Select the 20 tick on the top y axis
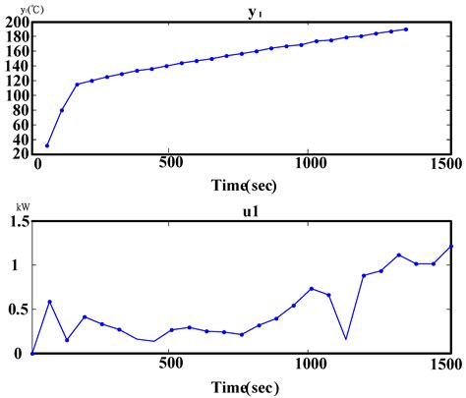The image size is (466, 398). pos(20,153)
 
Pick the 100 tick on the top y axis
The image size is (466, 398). pos(17,95)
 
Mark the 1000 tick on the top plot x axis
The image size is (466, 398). pos(310,163)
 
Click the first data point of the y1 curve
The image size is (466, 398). pos(46,145)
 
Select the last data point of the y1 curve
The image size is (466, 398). pos(407,29)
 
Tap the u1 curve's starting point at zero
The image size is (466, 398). pos(32,353)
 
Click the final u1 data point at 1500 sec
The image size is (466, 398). pos(449,247)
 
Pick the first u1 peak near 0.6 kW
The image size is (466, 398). pos(49,302)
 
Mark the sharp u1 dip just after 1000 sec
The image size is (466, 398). pos(346,339)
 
